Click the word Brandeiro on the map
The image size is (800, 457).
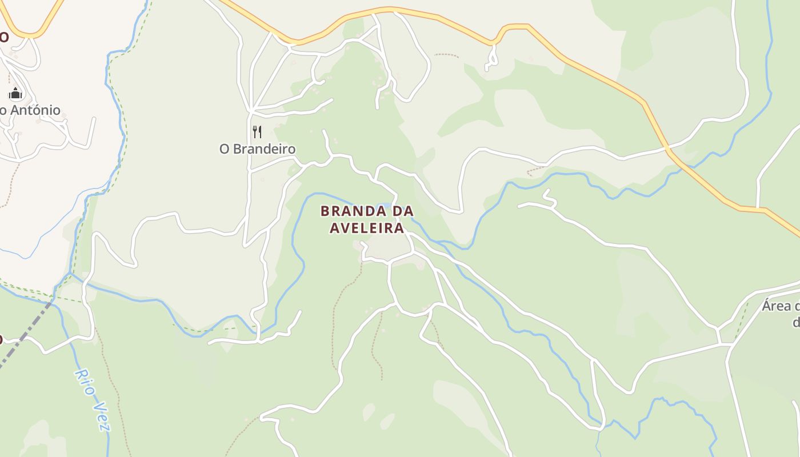(265, 149)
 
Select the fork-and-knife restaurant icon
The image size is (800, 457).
(257, 132)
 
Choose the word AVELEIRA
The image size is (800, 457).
(367, 228)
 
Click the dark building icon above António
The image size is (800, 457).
(15, 94)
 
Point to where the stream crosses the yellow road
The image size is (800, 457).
(667, 148)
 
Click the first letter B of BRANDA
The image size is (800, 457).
(325, 211)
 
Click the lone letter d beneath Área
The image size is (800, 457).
(796, 323)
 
